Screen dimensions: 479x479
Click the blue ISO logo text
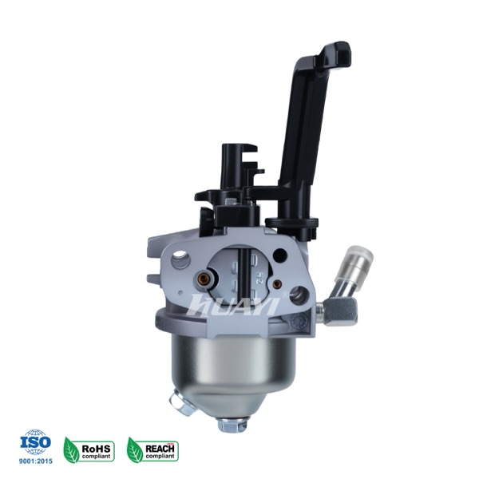(x=35, y=441)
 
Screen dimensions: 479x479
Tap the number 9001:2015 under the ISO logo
(x=36, y=461)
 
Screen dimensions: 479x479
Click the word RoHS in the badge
(x=96, y=449)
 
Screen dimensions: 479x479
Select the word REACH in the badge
(x=160, y=449)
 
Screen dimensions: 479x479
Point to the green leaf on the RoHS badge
(x=71, y=450)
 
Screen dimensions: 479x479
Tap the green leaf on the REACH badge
(x=135, y=450)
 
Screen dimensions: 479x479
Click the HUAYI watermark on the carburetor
(x=233, y=305)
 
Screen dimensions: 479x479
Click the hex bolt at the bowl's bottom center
(x=233, y=424)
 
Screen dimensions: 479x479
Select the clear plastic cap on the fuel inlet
(x=354, y=261)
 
